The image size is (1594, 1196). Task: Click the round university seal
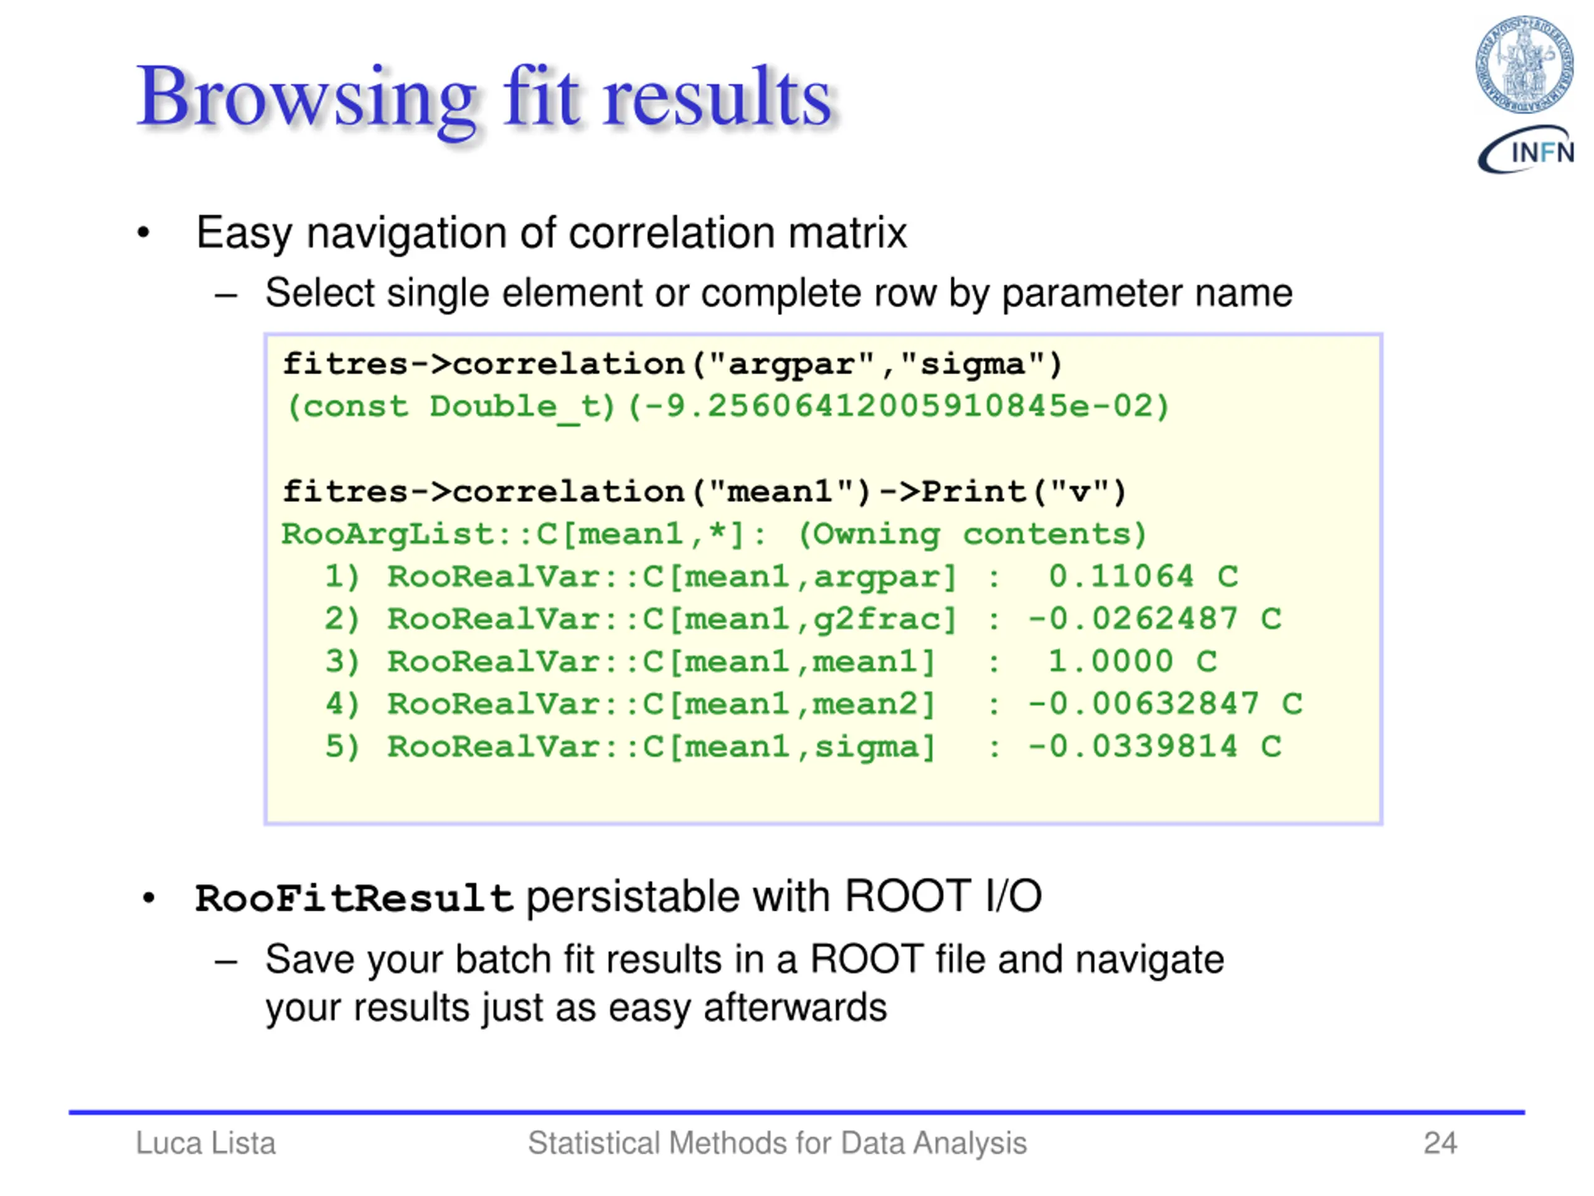1524,64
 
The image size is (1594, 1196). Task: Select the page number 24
1440,1142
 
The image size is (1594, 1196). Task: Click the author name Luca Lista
205,1142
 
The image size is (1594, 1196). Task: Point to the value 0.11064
1121,576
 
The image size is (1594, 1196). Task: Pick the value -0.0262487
1132,619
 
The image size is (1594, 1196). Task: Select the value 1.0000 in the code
1110,661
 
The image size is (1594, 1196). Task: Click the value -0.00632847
1143,704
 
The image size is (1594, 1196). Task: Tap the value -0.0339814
1132,746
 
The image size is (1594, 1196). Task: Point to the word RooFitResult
354,898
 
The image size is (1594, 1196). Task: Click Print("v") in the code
1023,491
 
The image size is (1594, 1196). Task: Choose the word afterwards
795,1007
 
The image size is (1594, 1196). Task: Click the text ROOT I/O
943,897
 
